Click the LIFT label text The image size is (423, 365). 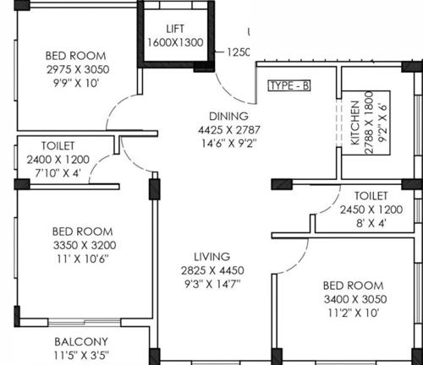pyautogui.click(x=175, y=30)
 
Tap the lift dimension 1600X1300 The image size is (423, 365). pyautogui.click(x=175, y=42)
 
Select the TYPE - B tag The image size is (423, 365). pyautogui.click(x=288, y=86)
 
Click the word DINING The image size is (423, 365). pyautogui.click(x=229, y=117)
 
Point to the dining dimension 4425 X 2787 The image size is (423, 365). pyautogui.click(x=229, y=130)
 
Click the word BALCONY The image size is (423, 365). pyautogui.click(x=81, y=342)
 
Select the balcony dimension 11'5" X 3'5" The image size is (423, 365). pyautogui.click(x=81, y=356)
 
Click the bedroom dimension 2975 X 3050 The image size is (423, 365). pyautogui.click(x=77, y=69)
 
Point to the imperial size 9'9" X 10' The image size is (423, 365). pyautogui.click(x=77, y=83)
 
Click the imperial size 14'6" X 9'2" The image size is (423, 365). pyautogui.click(x=229, y=144)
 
